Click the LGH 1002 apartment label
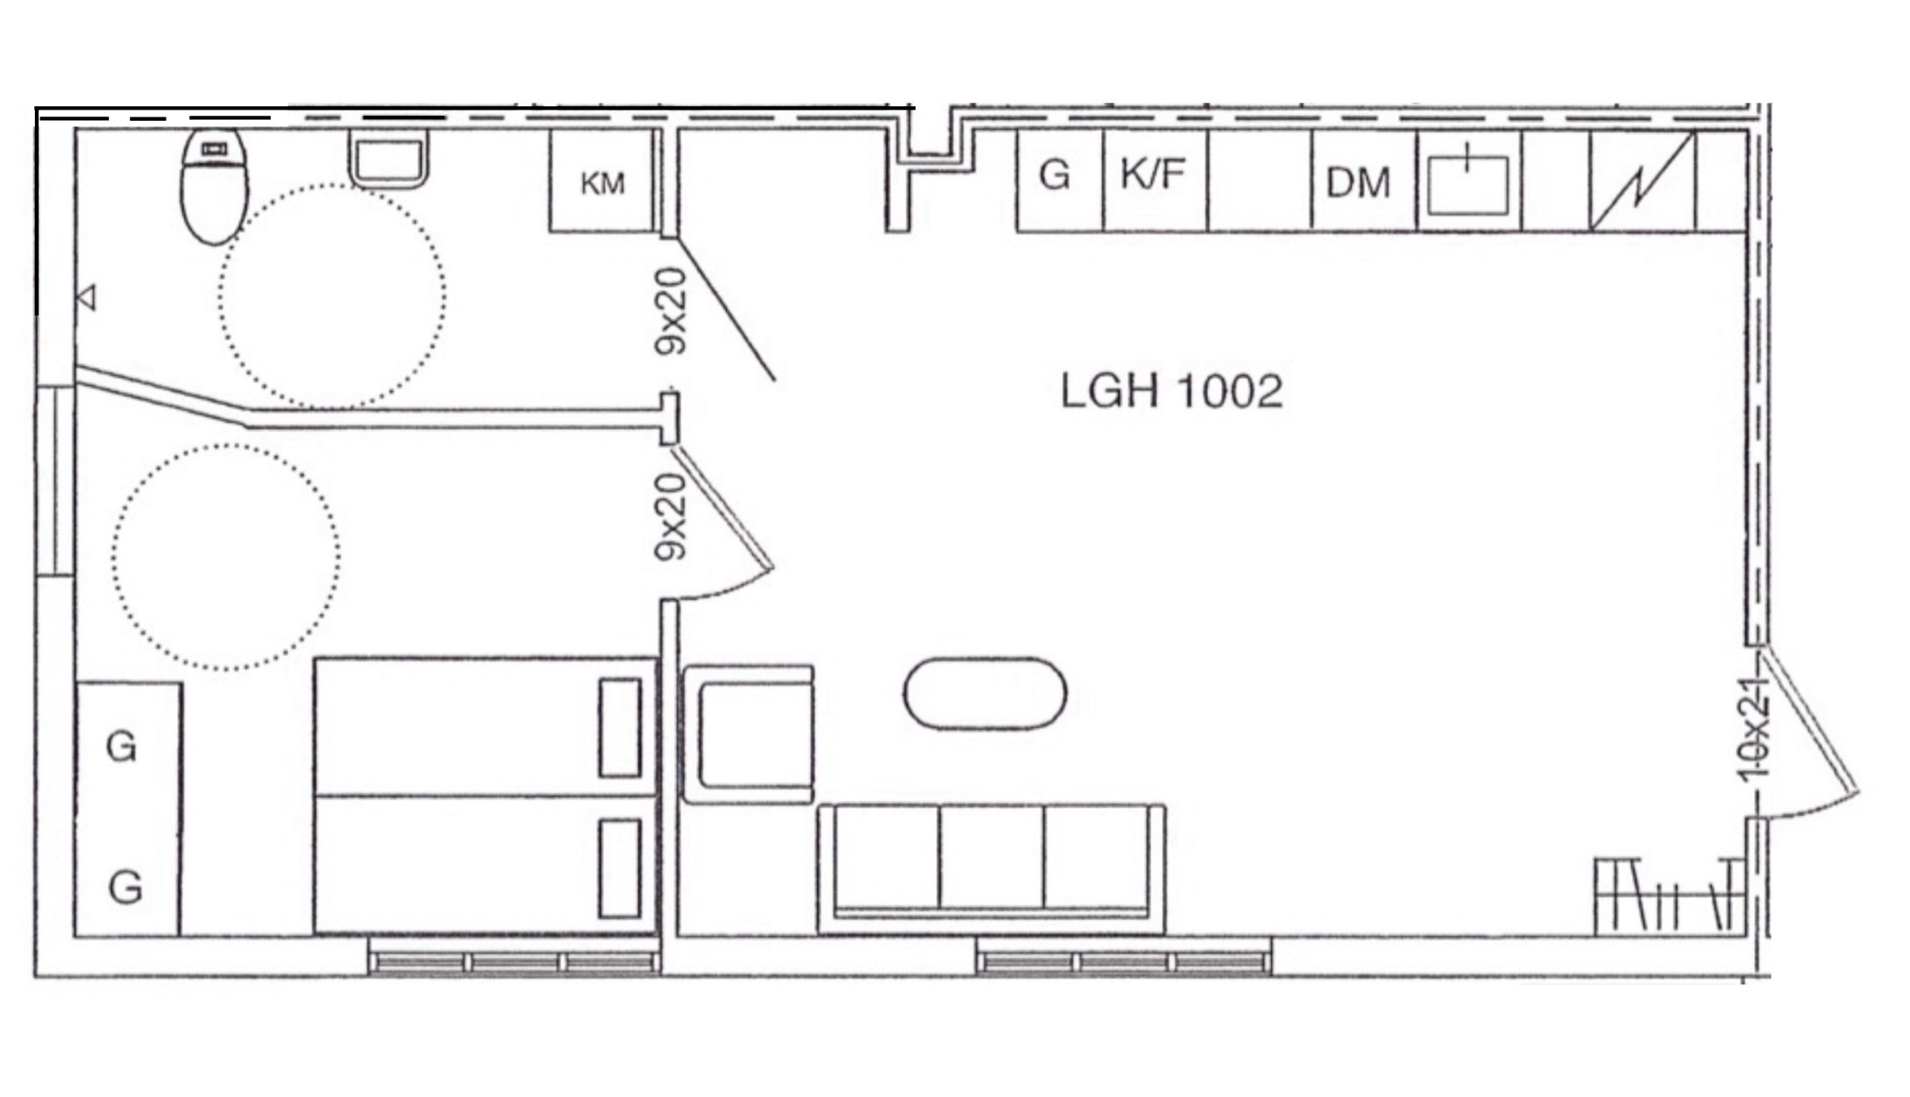point(1171,391)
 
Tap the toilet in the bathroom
point(215,187)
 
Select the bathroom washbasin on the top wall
point(388,159)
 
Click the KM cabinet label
point(602,184)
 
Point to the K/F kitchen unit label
point(1153,174)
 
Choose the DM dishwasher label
point(1358,183)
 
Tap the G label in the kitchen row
point(1054,175)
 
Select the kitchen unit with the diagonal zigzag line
point(1643,180)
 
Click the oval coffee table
point(985,693)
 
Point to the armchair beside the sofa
point(748,734)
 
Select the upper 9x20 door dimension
point(671,311)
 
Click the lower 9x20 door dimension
point(671,517)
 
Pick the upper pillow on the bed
point(620,727)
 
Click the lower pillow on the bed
point(620,868)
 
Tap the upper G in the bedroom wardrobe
point(122,747)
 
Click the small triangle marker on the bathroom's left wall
point(87,298)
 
